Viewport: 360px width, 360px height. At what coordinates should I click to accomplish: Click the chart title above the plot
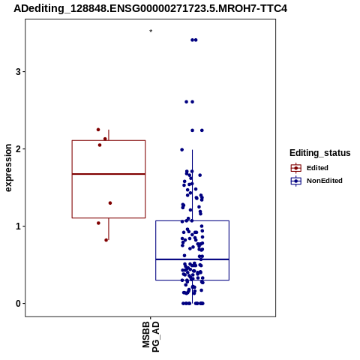(150, 8)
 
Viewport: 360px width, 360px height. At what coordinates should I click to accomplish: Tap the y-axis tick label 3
(18, 72)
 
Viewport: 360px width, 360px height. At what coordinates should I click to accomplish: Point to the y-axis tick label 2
(18, 149)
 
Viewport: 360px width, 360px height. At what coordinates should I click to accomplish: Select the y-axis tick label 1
(18, 226)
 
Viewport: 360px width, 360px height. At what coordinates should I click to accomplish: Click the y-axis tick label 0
(18, 304)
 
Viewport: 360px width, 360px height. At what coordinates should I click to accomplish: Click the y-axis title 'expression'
(8, 168)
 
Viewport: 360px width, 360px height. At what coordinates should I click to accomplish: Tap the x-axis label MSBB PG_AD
(151, 337)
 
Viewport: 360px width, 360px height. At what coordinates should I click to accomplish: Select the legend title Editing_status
(320, 153)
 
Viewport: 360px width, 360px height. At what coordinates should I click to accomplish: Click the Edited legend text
(317, 168)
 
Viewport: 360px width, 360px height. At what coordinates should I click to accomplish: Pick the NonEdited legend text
(325, 181)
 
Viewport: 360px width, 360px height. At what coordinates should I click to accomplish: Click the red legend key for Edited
(296, 168)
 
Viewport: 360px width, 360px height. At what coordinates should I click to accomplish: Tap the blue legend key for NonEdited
(296, 181)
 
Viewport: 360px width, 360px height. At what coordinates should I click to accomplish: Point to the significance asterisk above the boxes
(151, 31)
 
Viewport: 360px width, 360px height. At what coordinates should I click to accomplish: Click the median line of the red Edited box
(109, 174)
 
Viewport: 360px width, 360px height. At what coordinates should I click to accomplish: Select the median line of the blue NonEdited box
(192, 259)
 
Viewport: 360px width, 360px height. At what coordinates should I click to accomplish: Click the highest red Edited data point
(98, 130)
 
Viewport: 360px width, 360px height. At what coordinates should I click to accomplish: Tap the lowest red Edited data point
(106, 240)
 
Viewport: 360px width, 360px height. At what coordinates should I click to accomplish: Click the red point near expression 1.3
(110, 203)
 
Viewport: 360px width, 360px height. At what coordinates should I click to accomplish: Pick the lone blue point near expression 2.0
(182, 150)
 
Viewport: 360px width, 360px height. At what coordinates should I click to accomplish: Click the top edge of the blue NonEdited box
(192, 220)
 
